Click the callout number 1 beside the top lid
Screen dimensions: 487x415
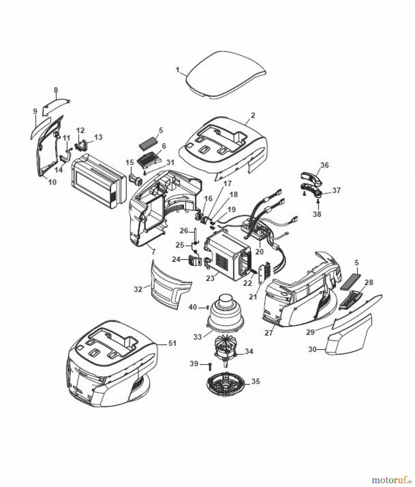pyautogui.click(x=177, y=70)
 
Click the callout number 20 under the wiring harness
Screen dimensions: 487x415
pyautogui.click(x=259, y=252)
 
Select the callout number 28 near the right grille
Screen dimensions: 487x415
pyautogui.click(x=369, y=282)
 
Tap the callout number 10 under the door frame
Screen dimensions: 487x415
pyautogui.click(x=52, y=182)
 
